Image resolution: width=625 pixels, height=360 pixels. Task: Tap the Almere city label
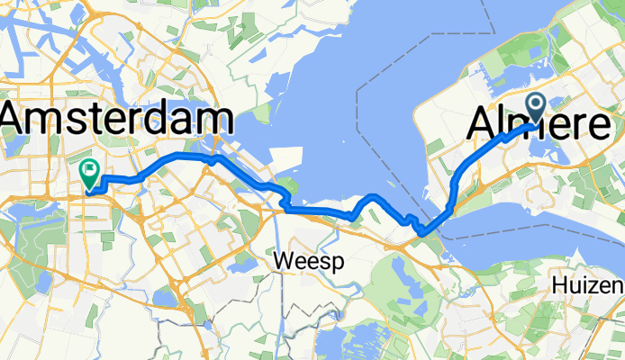tap(539, 124)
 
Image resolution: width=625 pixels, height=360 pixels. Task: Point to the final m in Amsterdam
tap(213, 121)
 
